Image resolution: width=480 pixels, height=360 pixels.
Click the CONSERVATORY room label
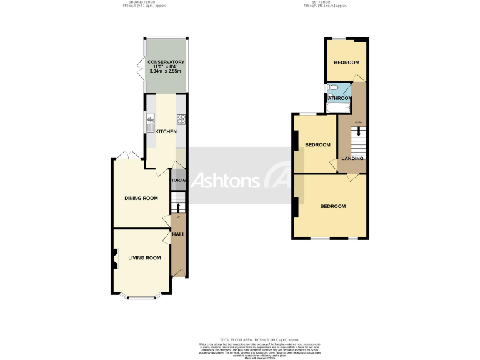166,62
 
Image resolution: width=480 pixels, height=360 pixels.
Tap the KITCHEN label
166,131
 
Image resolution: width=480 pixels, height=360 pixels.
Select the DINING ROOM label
141,198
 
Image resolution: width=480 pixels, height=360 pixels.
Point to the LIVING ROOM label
144,257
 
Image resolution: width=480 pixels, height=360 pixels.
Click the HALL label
178,234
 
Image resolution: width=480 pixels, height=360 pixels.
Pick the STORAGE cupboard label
179,181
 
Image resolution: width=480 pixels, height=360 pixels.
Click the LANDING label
352,159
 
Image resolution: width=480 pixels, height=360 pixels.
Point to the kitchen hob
181,118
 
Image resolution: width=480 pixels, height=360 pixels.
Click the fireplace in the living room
115,258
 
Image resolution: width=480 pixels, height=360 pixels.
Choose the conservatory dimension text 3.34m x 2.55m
166,71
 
